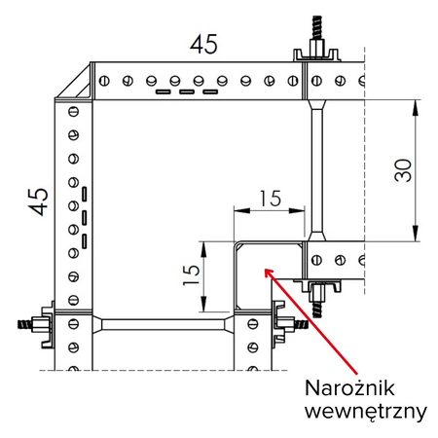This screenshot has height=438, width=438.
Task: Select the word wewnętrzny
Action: coord(365,411)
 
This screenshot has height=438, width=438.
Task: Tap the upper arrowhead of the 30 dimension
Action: coord(418,106)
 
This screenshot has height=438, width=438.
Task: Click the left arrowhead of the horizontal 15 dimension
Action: coord(237,209)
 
